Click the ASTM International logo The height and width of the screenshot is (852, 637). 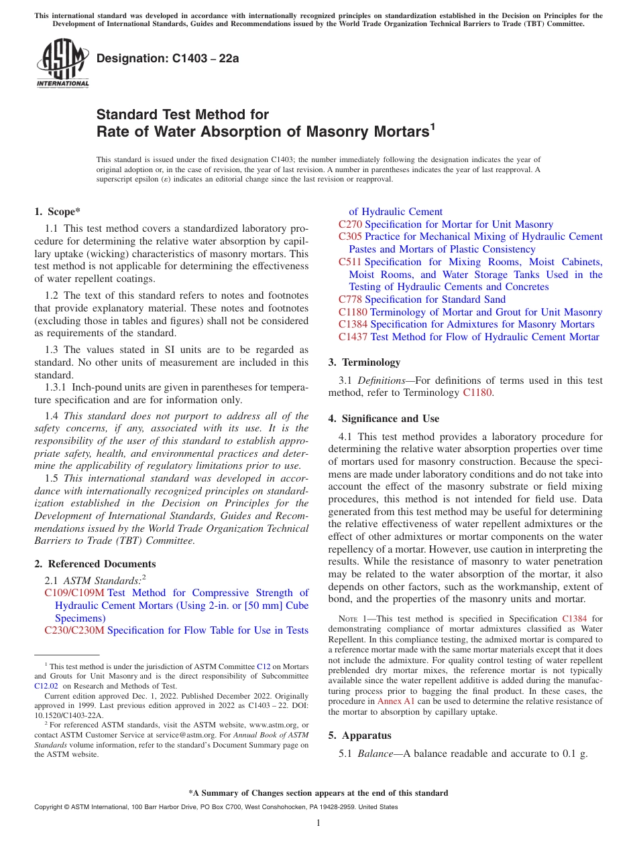[62, 63]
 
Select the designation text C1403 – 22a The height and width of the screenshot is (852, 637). [168, 59]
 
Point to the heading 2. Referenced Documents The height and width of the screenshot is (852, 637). [95, 564]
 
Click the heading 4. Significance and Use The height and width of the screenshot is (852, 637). [384, 419]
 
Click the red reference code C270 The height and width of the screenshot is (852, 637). [350, 224]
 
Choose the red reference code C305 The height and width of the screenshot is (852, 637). [350, 236]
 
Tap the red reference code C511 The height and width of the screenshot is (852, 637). [350, 262]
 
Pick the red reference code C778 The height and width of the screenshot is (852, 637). [350, 299]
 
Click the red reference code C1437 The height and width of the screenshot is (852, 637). [353, 337]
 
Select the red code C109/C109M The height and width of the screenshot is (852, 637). [74, 593]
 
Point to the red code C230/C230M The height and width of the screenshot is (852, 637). [74, 630]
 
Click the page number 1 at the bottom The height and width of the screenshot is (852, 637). [318, 823]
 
